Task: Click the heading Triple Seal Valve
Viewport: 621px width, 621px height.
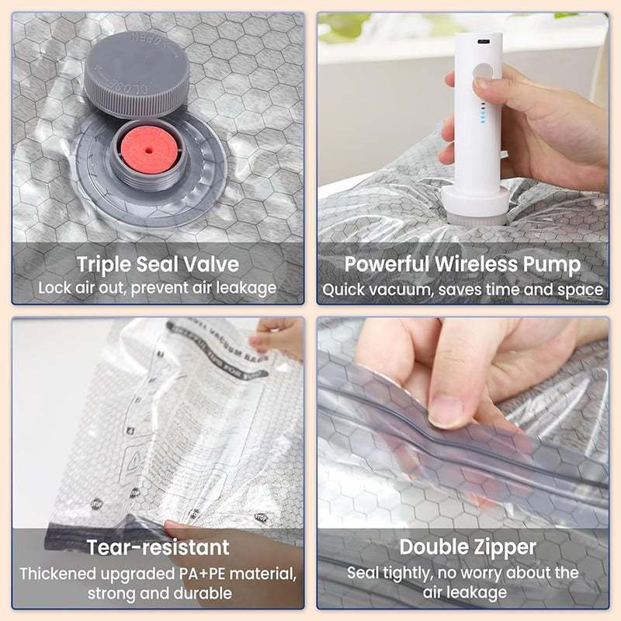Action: point(158,264)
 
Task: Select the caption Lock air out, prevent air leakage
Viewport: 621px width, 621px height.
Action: point(158,288)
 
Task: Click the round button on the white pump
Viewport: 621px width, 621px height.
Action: point(483,73)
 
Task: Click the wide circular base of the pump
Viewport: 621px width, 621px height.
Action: point(474,204)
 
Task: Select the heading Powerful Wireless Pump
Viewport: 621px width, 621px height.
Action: point(463,264)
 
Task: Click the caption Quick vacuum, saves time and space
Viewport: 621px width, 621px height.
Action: point(463,289)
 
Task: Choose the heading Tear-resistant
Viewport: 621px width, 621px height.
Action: point(158,546)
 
